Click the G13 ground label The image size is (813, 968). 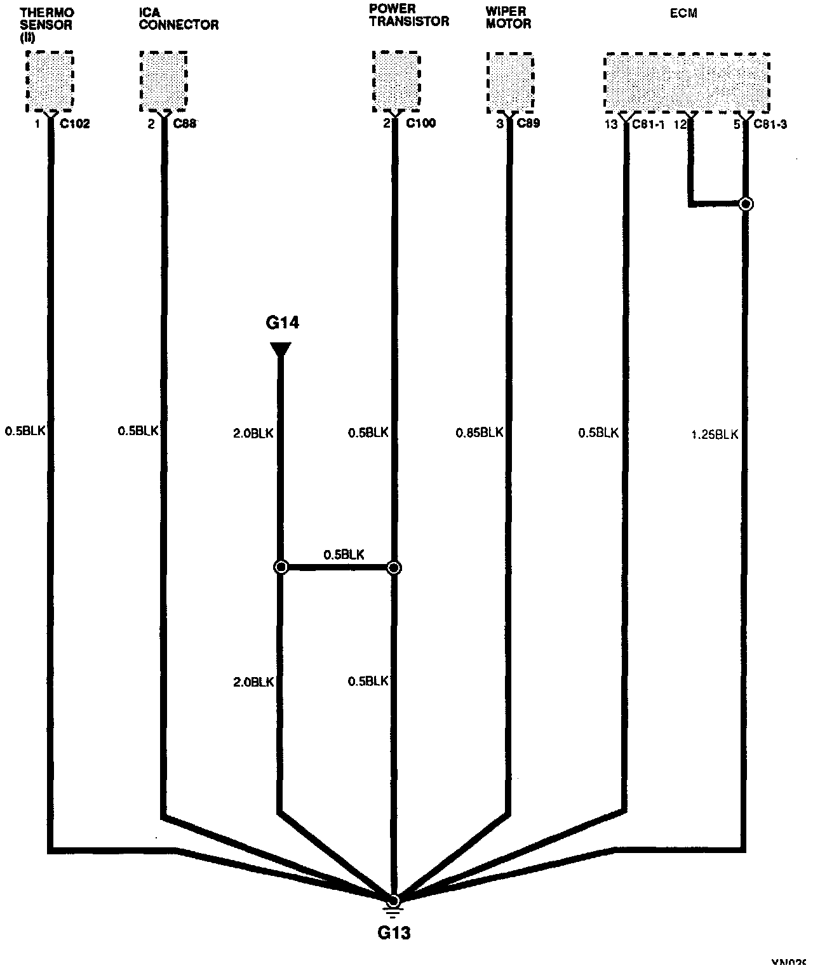pos(394,932)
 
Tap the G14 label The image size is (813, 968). pos(282,323)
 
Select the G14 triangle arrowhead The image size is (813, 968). pos(280,349)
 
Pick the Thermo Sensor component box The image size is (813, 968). pos(50,81)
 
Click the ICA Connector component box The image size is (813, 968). pos(163,81)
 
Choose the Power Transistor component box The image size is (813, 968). pos(396,81)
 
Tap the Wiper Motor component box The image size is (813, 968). pos(510,81)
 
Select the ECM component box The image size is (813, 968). pos(687,82)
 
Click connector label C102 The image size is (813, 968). pos(74,124)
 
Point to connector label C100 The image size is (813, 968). pos(420,123)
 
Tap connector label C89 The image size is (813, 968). pos(528,123)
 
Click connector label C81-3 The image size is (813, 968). pos(770,124)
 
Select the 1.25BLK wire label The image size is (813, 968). pos(715,435)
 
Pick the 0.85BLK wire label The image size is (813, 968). pos(480,433)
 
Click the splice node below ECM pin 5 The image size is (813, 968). pos(746,204)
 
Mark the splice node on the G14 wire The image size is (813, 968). pos(281,567)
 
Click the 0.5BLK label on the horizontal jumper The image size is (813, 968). pos(344,555)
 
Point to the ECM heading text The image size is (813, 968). pos(683,13)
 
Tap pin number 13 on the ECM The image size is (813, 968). pos(610,124)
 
